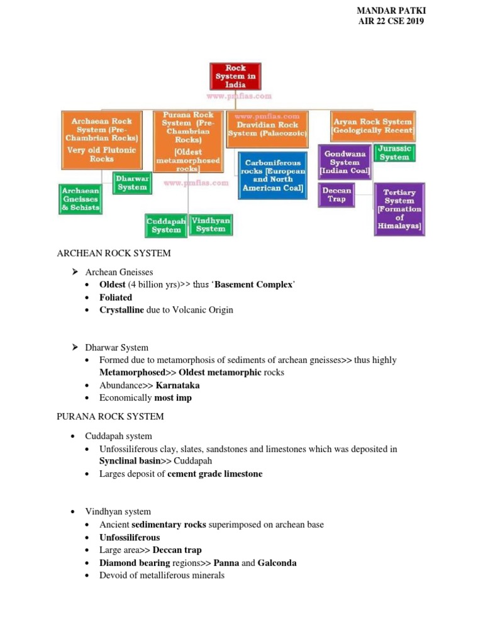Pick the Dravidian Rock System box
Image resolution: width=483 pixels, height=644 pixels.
(x=267, y=129)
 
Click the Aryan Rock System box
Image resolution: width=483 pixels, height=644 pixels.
(x=373, y=126)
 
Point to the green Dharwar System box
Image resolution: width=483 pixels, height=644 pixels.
(x=132, y=183)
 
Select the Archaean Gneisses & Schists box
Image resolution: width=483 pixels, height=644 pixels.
(x=80, y=199)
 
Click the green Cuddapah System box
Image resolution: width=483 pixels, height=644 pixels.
(x=166, y=225)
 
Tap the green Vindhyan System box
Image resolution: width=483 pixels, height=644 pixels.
(x=211, y=225)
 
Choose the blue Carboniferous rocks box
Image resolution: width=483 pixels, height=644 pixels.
(x=273, y=175)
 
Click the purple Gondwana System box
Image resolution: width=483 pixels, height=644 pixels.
(x=345, y=162)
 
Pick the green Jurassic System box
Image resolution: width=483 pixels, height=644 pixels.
(x=394, y=153)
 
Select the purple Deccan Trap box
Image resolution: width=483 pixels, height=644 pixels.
(x=336, y=194)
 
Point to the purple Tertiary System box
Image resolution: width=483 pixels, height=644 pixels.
(x=399, y=209)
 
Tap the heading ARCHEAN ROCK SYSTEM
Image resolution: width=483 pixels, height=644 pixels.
(x=114, y=253)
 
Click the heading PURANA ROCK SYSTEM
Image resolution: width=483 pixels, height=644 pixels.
(x=110, y=416)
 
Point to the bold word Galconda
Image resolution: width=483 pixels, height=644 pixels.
(x=277, y=563)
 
